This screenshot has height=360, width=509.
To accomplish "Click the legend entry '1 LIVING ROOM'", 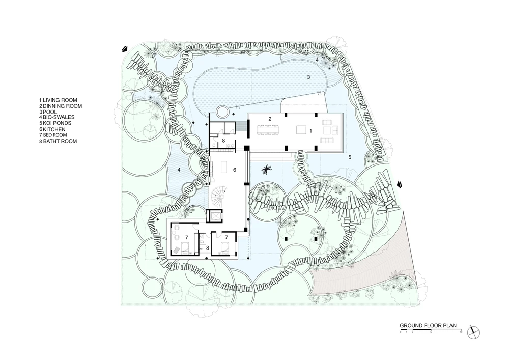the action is (x=58, y=100).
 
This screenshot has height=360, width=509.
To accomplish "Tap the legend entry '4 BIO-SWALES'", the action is (x=57, y=117).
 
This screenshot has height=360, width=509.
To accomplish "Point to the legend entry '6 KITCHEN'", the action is (x=52, y=129).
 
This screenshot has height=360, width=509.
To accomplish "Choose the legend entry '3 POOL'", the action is (x=48, y=112).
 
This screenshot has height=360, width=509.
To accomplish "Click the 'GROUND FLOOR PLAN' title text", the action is (x=428, y=325).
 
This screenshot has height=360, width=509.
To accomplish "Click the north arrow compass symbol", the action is (x=473, y=333).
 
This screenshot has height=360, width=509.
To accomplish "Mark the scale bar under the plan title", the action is (x=431, y=331).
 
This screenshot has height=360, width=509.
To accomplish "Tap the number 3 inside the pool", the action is (x=309, y=77).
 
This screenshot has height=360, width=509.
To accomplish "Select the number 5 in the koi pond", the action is (x=350, y=157).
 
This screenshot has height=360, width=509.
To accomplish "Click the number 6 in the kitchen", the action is (x=234, y=170).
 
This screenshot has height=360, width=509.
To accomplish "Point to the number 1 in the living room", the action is (x=310, y=131).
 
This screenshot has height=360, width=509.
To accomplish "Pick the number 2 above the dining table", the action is (x=270, y=119).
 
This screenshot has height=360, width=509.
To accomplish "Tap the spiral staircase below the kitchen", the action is (x=219, y=196).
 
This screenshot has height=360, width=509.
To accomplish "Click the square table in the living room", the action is (x=301, y=130).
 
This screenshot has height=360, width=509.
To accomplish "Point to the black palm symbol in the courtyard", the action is (x=267, y=170).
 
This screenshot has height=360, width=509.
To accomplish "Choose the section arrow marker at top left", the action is (x=125, y=49).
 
